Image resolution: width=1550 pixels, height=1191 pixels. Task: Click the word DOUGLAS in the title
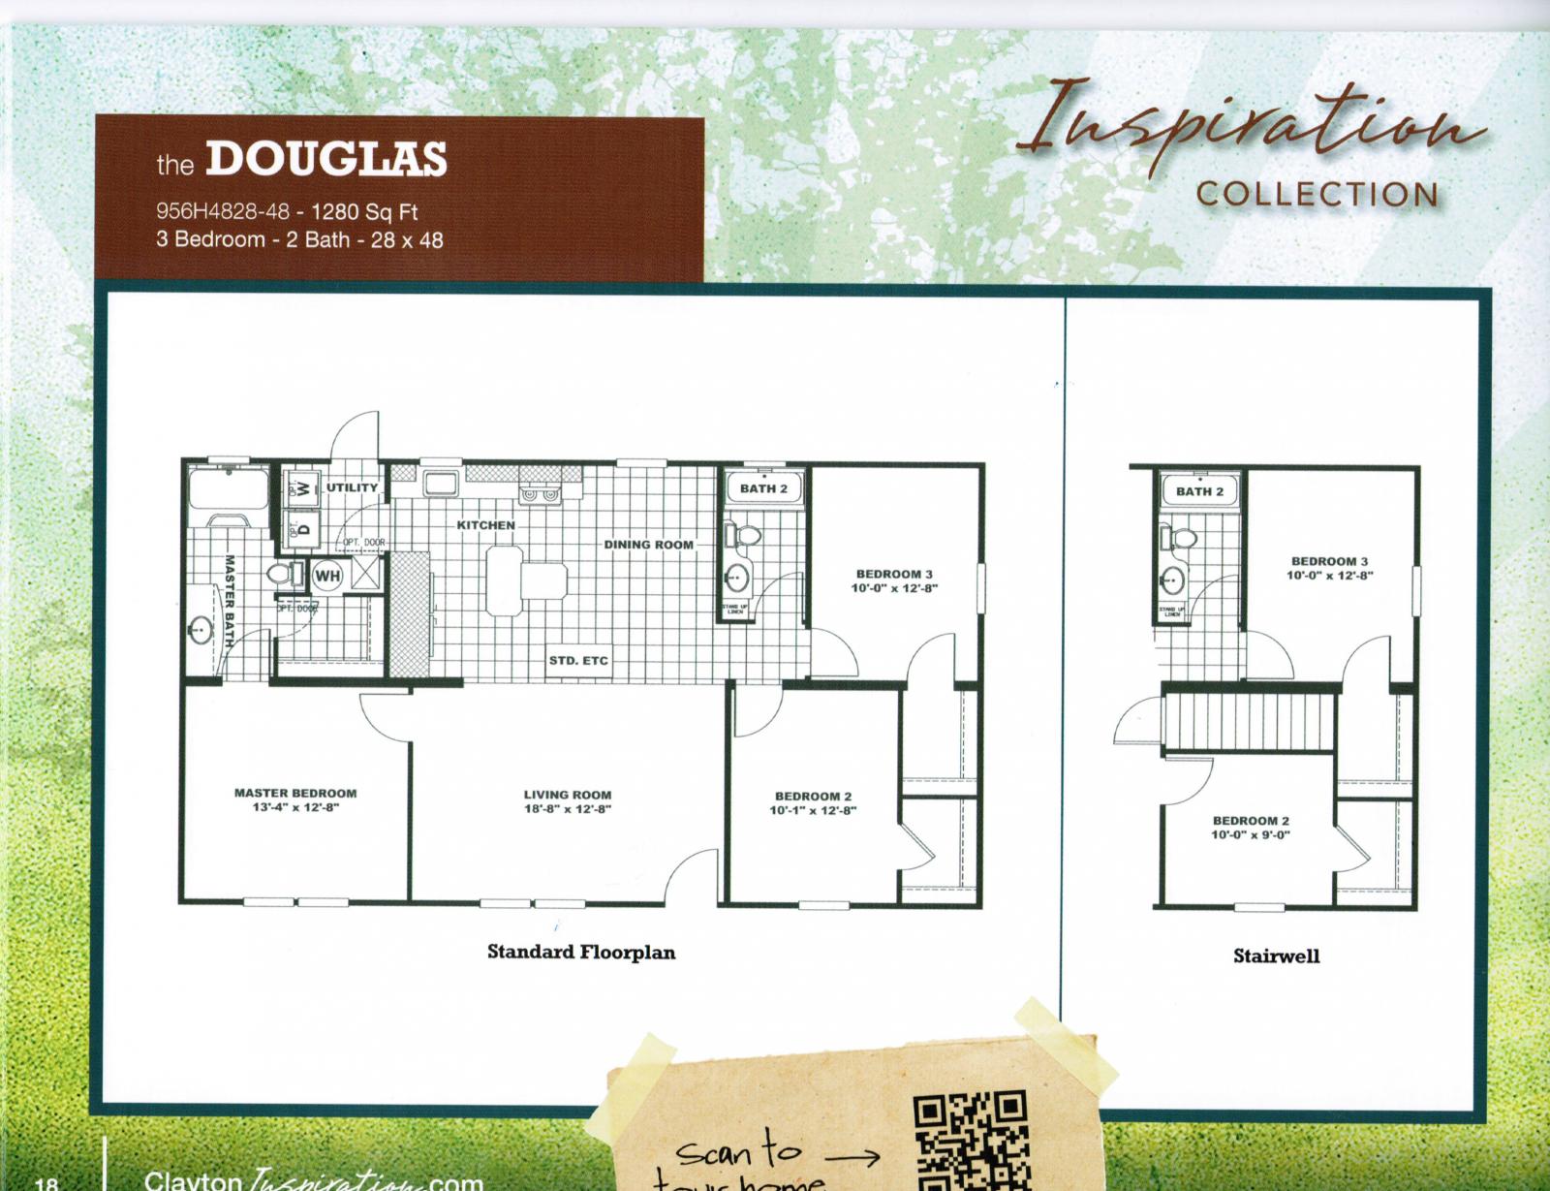(x=325, y=161)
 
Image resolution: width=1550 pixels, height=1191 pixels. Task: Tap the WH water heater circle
(x=326, y=577)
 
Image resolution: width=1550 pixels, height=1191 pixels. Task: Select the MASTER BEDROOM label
(x=295, y=794)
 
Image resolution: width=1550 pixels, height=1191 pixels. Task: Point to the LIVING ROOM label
(x=568, y=796)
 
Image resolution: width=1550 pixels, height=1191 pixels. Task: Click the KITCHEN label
(x=486, y=525)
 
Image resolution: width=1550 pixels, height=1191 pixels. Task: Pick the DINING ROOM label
(x=649, y=545)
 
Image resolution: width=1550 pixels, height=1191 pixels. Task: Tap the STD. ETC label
(x=578, y=661)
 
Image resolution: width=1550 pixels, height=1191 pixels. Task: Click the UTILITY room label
(x=352, y=487)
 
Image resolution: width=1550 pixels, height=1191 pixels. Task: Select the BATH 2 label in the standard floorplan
(x=763, y=488)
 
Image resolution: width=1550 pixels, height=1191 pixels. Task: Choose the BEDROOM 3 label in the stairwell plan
(x=1329, y=561)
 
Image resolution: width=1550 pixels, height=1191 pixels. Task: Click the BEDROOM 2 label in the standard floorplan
(x=813, y=797)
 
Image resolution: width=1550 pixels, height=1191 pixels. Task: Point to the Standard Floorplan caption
(x=581, y=952)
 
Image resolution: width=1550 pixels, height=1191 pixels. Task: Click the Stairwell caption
(x=1276, y=956)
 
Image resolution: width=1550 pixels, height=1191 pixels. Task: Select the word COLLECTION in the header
(x=1317, y=194)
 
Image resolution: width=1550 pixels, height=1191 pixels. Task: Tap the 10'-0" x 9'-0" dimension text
(x=1251, y=834)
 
